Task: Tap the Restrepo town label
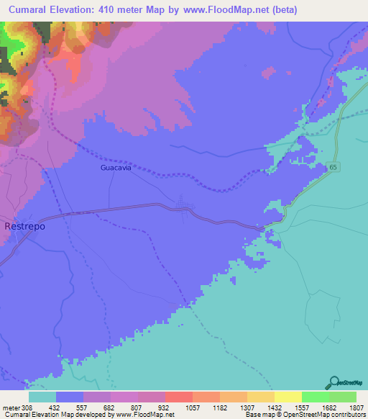25,226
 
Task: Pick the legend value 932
165,407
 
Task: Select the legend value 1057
192,407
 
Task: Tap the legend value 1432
274,407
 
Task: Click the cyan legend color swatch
42,397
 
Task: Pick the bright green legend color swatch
315,397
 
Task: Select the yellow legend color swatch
287,397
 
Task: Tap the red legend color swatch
178,397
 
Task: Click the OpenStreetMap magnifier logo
333,383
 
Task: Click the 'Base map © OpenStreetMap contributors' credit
305,415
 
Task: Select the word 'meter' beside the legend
10,407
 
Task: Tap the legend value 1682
328,407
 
